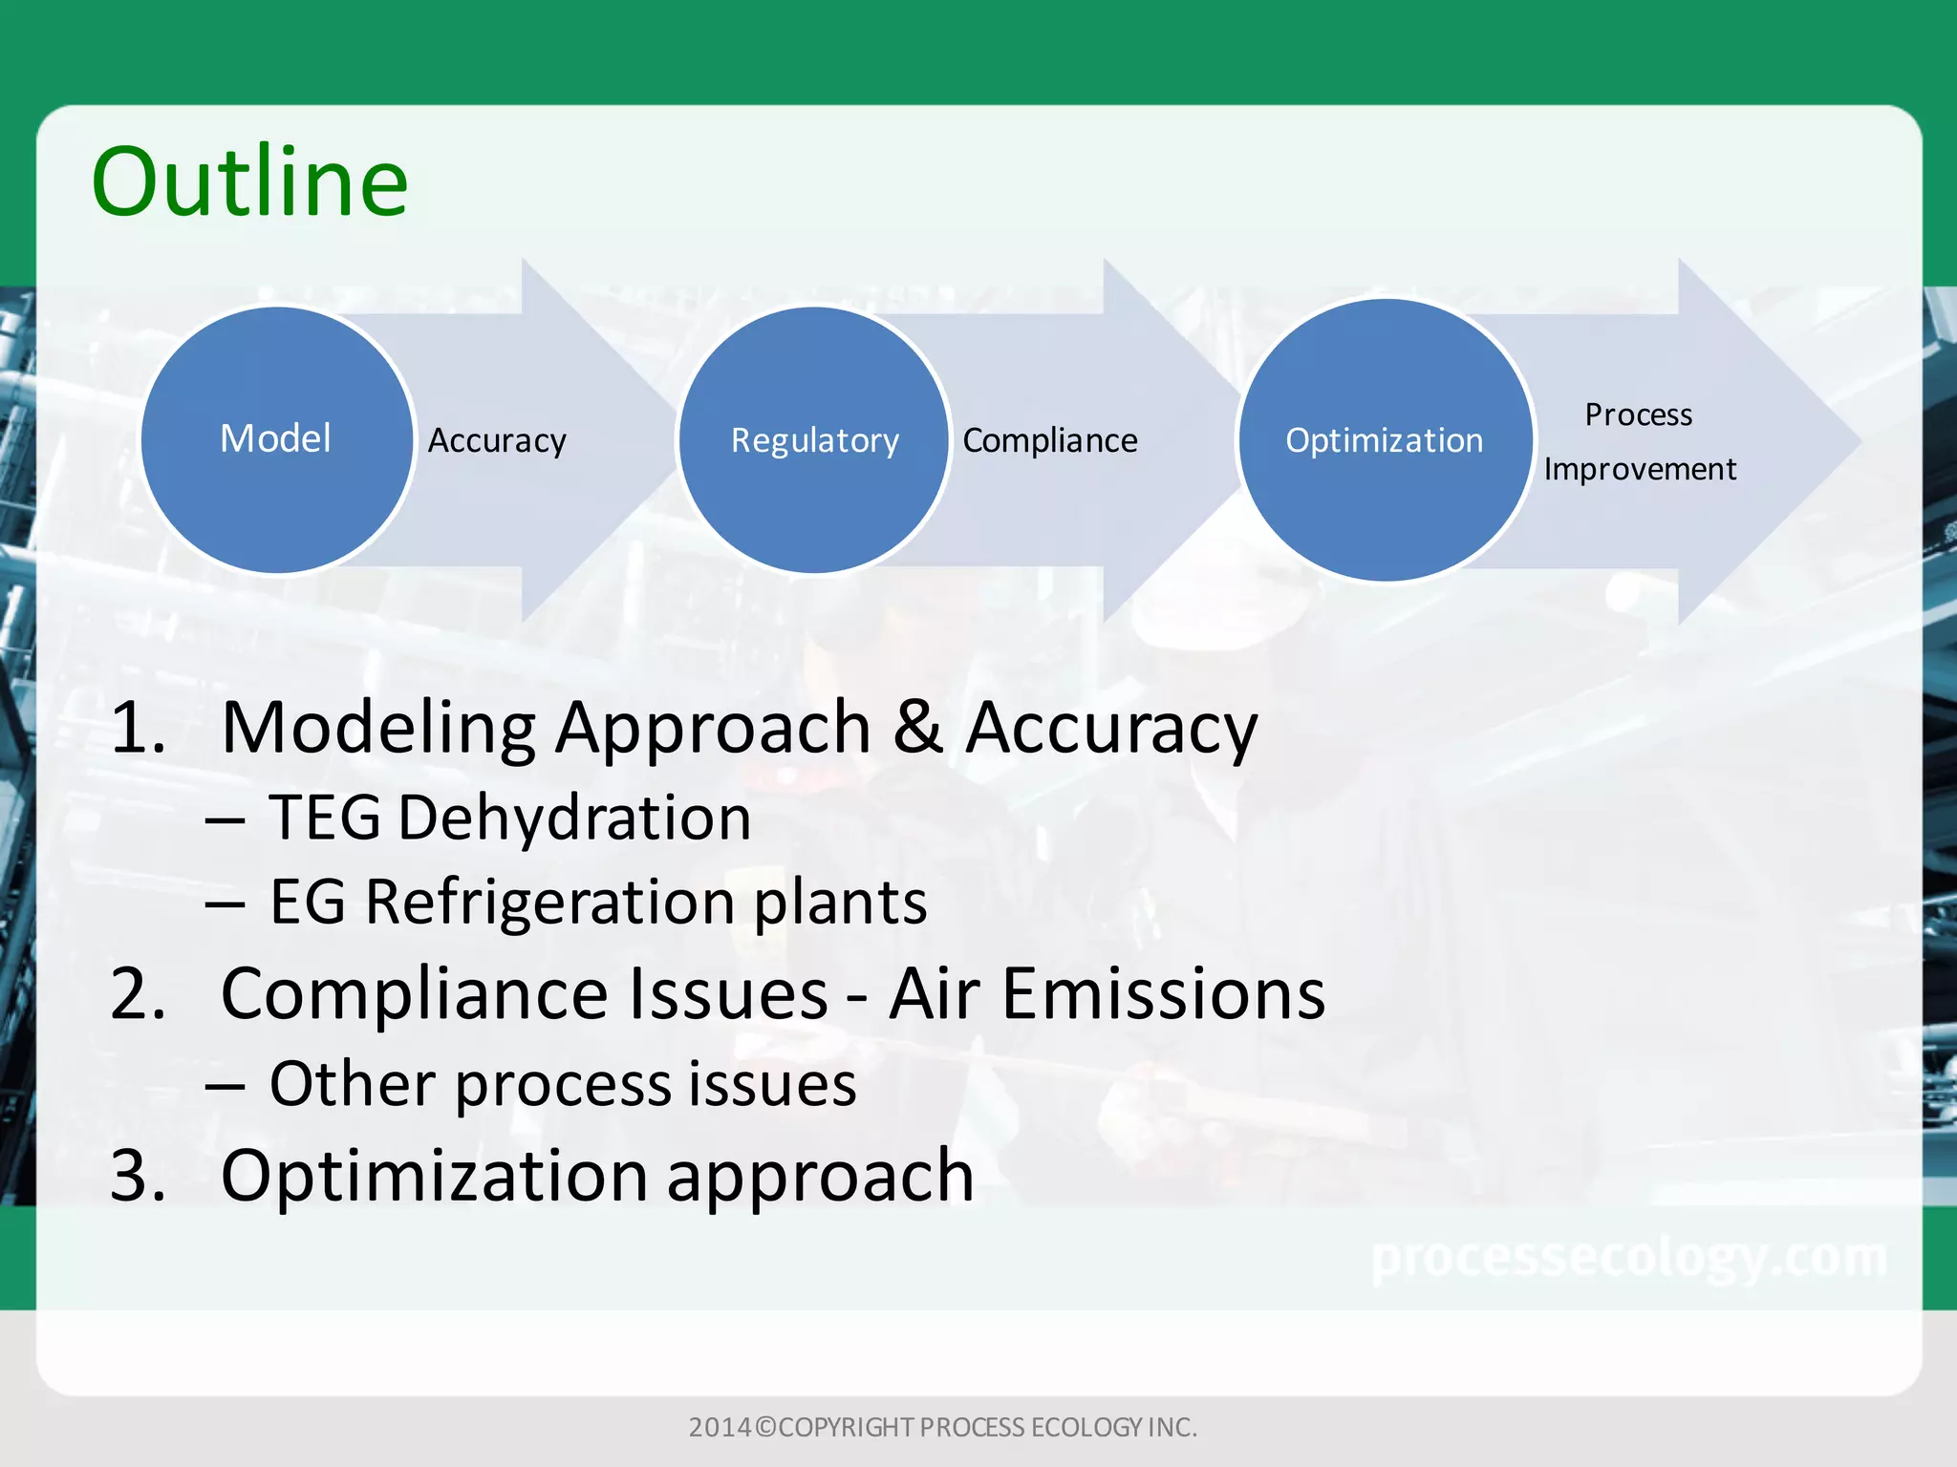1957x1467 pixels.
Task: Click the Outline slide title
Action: click(x=250, y=181)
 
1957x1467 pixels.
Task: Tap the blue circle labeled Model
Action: click(x=277, y=439)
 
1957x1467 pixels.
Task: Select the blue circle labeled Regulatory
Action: click(x=814, y=440)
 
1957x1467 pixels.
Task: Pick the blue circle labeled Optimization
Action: click(x=1385, y=440)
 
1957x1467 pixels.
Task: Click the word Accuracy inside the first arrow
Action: click(x=497, y=441)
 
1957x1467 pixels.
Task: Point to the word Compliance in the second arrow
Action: click(x=1050, y=440)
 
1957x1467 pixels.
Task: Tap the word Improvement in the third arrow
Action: click(x=1640, y=469)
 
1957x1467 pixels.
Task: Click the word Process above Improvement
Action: click(x=1639, y=415)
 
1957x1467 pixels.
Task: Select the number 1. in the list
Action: click(x=139, y=728)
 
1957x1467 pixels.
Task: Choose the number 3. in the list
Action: click(x=139, y=1175)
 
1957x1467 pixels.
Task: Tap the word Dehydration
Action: click(x=574, y=818)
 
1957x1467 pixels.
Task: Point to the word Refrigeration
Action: click(x=549, y=902)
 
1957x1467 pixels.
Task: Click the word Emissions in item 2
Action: click(x=1163, y=993)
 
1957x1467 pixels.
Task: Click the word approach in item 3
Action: click(x=820, y=1177)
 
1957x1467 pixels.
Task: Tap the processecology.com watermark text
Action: click(x=1629, y=1258)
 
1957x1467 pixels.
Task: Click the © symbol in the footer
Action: click(x=765, y=1427)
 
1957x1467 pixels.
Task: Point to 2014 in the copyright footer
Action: click(x=720, y=1427)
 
